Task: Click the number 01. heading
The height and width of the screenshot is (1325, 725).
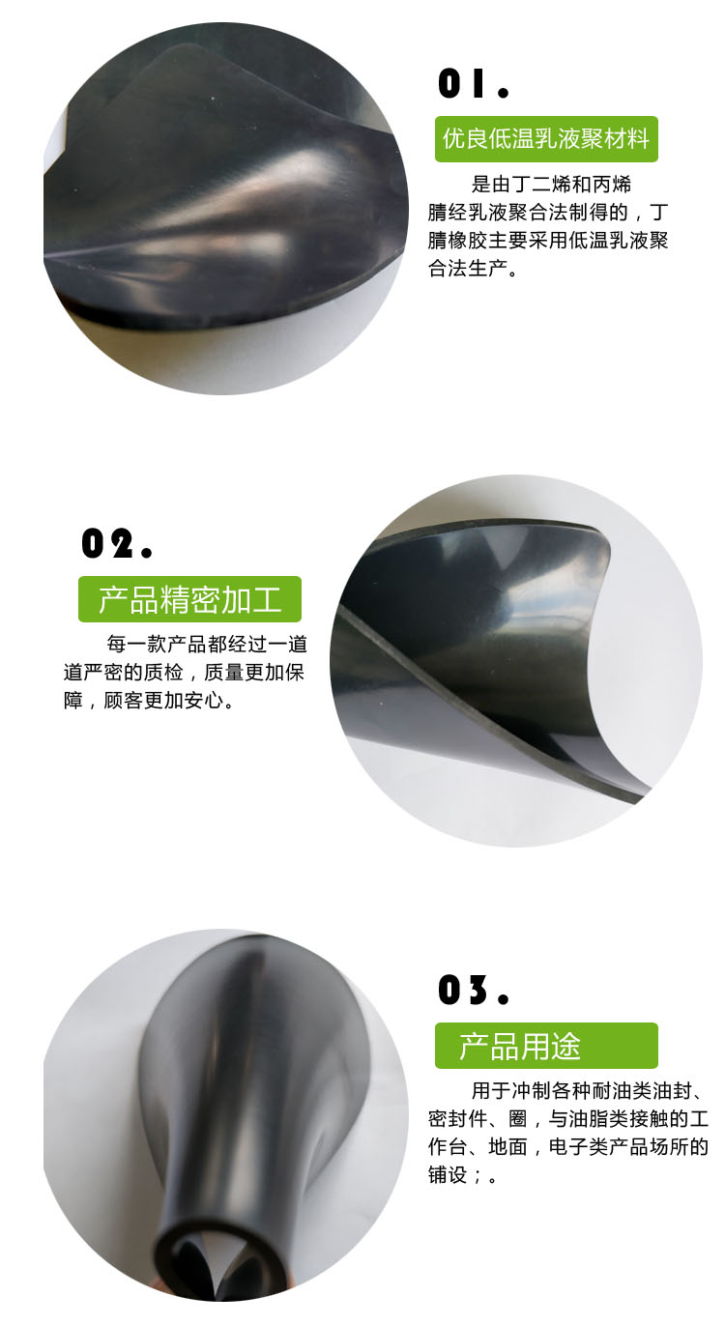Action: coord(474,83)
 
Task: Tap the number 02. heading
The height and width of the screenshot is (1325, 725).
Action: coord(117,543)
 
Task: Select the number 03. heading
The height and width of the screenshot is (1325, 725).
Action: coord(474,991)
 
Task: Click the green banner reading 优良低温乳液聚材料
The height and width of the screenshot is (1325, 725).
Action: coord(546,139)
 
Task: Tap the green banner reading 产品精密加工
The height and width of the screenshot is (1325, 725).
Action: coord(190,599)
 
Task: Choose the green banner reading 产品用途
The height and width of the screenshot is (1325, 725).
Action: coord(546,1046)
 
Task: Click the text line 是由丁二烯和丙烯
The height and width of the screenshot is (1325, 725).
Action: coord(551,185)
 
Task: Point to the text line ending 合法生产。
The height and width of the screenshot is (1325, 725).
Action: coord(473,269)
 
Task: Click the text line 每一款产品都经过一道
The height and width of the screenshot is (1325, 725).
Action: coord(207,644)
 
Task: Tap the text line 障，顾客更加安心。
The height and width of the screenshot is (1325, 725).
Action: coord(149,701)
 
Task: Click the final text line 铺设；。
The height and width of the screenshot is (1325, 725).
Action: coord(462,1175)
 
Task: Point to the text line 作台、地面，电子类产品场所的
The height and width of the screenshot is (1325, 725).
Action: coord(568,1146)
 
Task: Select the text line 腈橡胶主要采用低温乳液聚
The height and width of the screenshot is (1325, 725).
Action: coord(548,241)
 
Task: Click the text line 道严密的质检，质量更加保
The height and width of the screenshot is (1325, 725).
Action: coord(184,672)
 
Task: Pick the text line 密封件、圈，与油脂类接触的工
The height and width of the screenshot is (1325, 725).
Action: coord(568,1118)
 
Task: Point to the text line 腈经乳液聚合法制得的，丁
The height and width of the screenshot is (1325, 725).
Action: coord(548,213)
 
